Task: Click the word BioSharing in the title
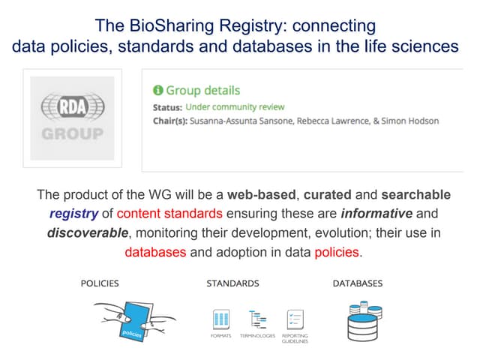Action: [x=172, y=25]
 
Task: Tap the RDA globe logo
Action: [x=73, y=106]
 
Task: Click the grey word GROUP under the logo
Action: [x=73, y=134]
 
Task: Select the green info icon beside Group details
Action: [x=158, y=90]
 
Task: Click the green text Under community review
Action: [x=235, y=106]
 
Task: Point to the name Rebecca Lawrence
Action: [x=333, y=121]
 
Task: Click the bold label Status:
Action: [x=167, y=107]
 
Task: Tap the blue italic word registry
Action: [x=73, y=214]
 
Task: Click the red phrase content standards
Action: [x=169, y=213]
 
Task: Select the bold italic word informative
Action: [x=376, y=213]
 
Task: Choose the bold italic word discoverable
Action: [x=88, y=233]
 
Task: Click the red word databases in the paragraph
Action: [x=155, y=252]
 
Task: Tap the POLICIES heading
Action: [x=100, y=283]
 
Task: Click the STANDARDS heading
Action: [x=233, y=283]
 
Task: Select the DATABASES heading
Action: [x=358, y=283]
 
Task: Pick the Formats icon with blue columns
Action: [x=221, y=319]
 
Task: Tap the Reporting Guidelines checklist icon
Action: [x=295, y=319]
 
